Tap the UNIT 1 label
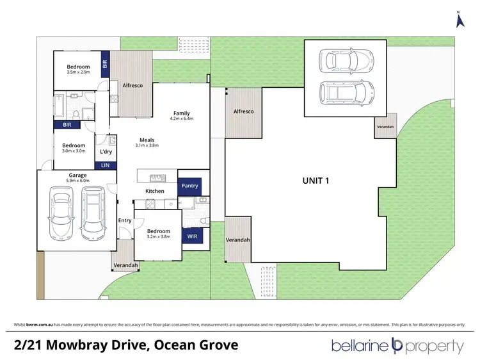point(316,181)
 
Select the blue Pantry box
point(189,186)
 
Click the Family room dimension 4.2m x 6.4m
point(181,119)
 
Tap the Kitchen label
point(155,191)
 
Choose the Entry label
point(125,221)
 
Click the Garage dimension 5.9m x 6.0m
point(78,181)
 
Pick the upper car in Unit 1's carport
point(345,61)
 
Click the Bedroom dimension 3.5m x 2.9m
point(78,72)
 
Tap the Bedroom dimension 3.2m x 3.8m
point(158,237)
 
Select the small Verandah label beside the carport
point(385,126)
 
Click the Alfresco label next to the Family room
point(132,85)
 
